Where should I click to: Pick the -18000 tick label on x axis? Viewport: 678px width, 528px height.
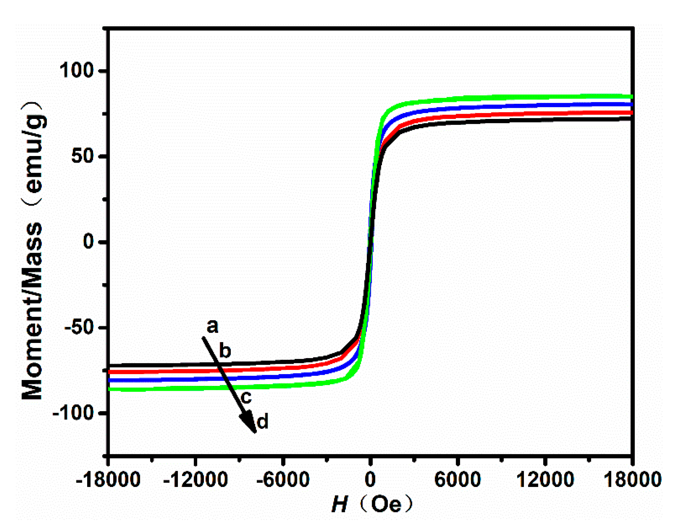click(x=108, y=479)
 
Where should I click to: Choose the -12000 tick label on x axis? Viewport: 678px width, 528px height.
click(x=195, y=479)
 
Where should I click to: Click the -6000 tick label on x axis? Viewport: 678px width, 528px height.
click(x=283, y=479)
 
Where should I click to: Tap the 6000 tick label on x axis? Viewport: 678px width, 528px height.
click(x=457, y=479)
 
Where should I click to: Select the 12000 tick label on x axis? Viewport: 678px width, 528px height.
click(x=545, y=479)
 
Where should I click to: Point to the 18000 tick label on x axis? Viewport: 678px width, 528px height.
click(x=632, y=479)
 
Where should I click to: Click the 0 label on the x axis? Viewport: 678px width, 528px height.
click(x=370, y=479)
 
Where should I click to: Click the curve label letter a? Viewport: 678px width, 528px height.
click(x=213, y=326)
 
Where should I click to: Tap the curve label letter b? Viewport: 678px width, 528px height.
click(x=225, y=351)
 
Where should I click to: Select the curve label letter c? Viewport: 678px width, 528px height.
click(x=246, y=397)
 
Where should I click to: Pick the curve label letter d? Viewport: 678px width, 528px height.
click(x=262, y=422)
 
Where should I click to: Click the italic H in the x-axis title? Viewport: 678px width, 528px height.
click(x=339, y=505)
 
